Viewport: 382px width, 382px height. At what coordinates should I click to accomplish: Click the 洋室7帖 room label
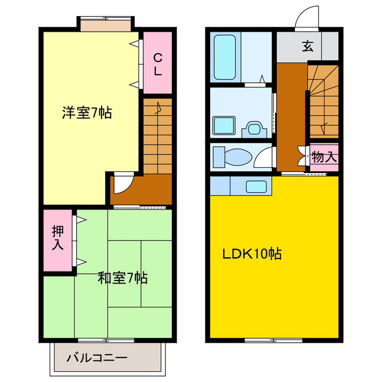coord(87,113)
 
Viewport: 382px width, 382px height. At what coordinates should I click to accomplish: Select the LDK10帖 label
coord(252,254)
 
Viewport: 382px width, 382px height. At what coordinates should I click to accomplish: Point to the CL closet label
coord(158,64)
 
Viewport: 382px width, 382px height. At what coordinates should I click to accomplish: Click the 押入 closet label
coord(58,238)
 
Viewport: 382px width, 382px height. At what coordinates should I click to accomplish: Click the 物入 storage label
coord(324,158)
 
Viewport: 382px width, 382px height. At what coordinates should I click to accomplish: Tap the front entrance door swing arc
coord(307,17)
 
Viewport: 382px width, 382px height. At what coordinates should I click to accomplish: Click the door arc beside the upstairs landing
coord(121,183)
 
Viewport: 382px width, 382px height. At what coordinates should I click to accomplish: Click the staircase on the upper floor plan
coord(157,137)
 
